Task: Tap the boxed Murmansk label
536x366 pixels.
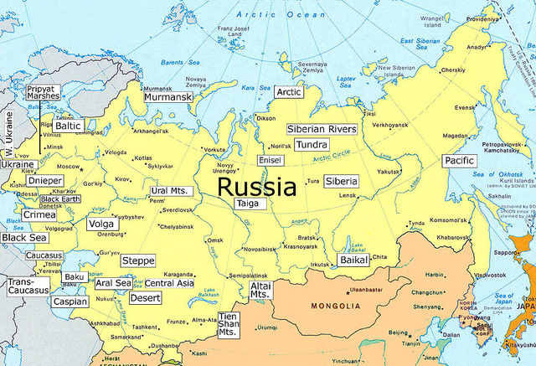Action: coord(168,98)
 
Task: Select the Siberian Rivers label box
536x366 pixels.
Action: coord(322,129)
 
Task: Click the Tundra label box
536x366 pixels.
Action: coord(312,145)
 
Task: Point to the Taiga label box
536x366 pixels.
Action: coord(247,204)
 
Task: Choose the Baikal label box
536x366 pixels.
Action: coord(356,260)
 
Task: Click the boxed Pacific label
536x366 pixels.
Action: coord(459,160)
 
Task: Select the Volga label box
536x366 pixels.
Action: coord(100,224)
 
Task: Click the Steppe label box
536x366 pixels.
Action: coord(137,261)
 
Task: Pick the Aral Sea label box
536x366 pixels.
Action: coord(113,283)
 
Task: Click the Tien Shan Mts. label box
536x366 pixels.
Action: coord(228,325)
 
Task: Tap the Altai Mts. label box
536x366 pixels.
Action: coord(260,291)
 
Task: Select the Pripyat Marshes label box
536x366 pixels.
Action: coord(42,92)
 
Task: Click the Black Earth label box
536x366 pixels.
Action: coord(60,198)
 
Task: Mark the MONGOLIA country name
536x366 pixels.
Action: coord(335,307)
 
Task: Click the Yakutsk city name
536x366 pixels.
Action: coord(388,172)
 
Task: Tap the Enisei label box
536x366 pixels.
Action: coord(269,159)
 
